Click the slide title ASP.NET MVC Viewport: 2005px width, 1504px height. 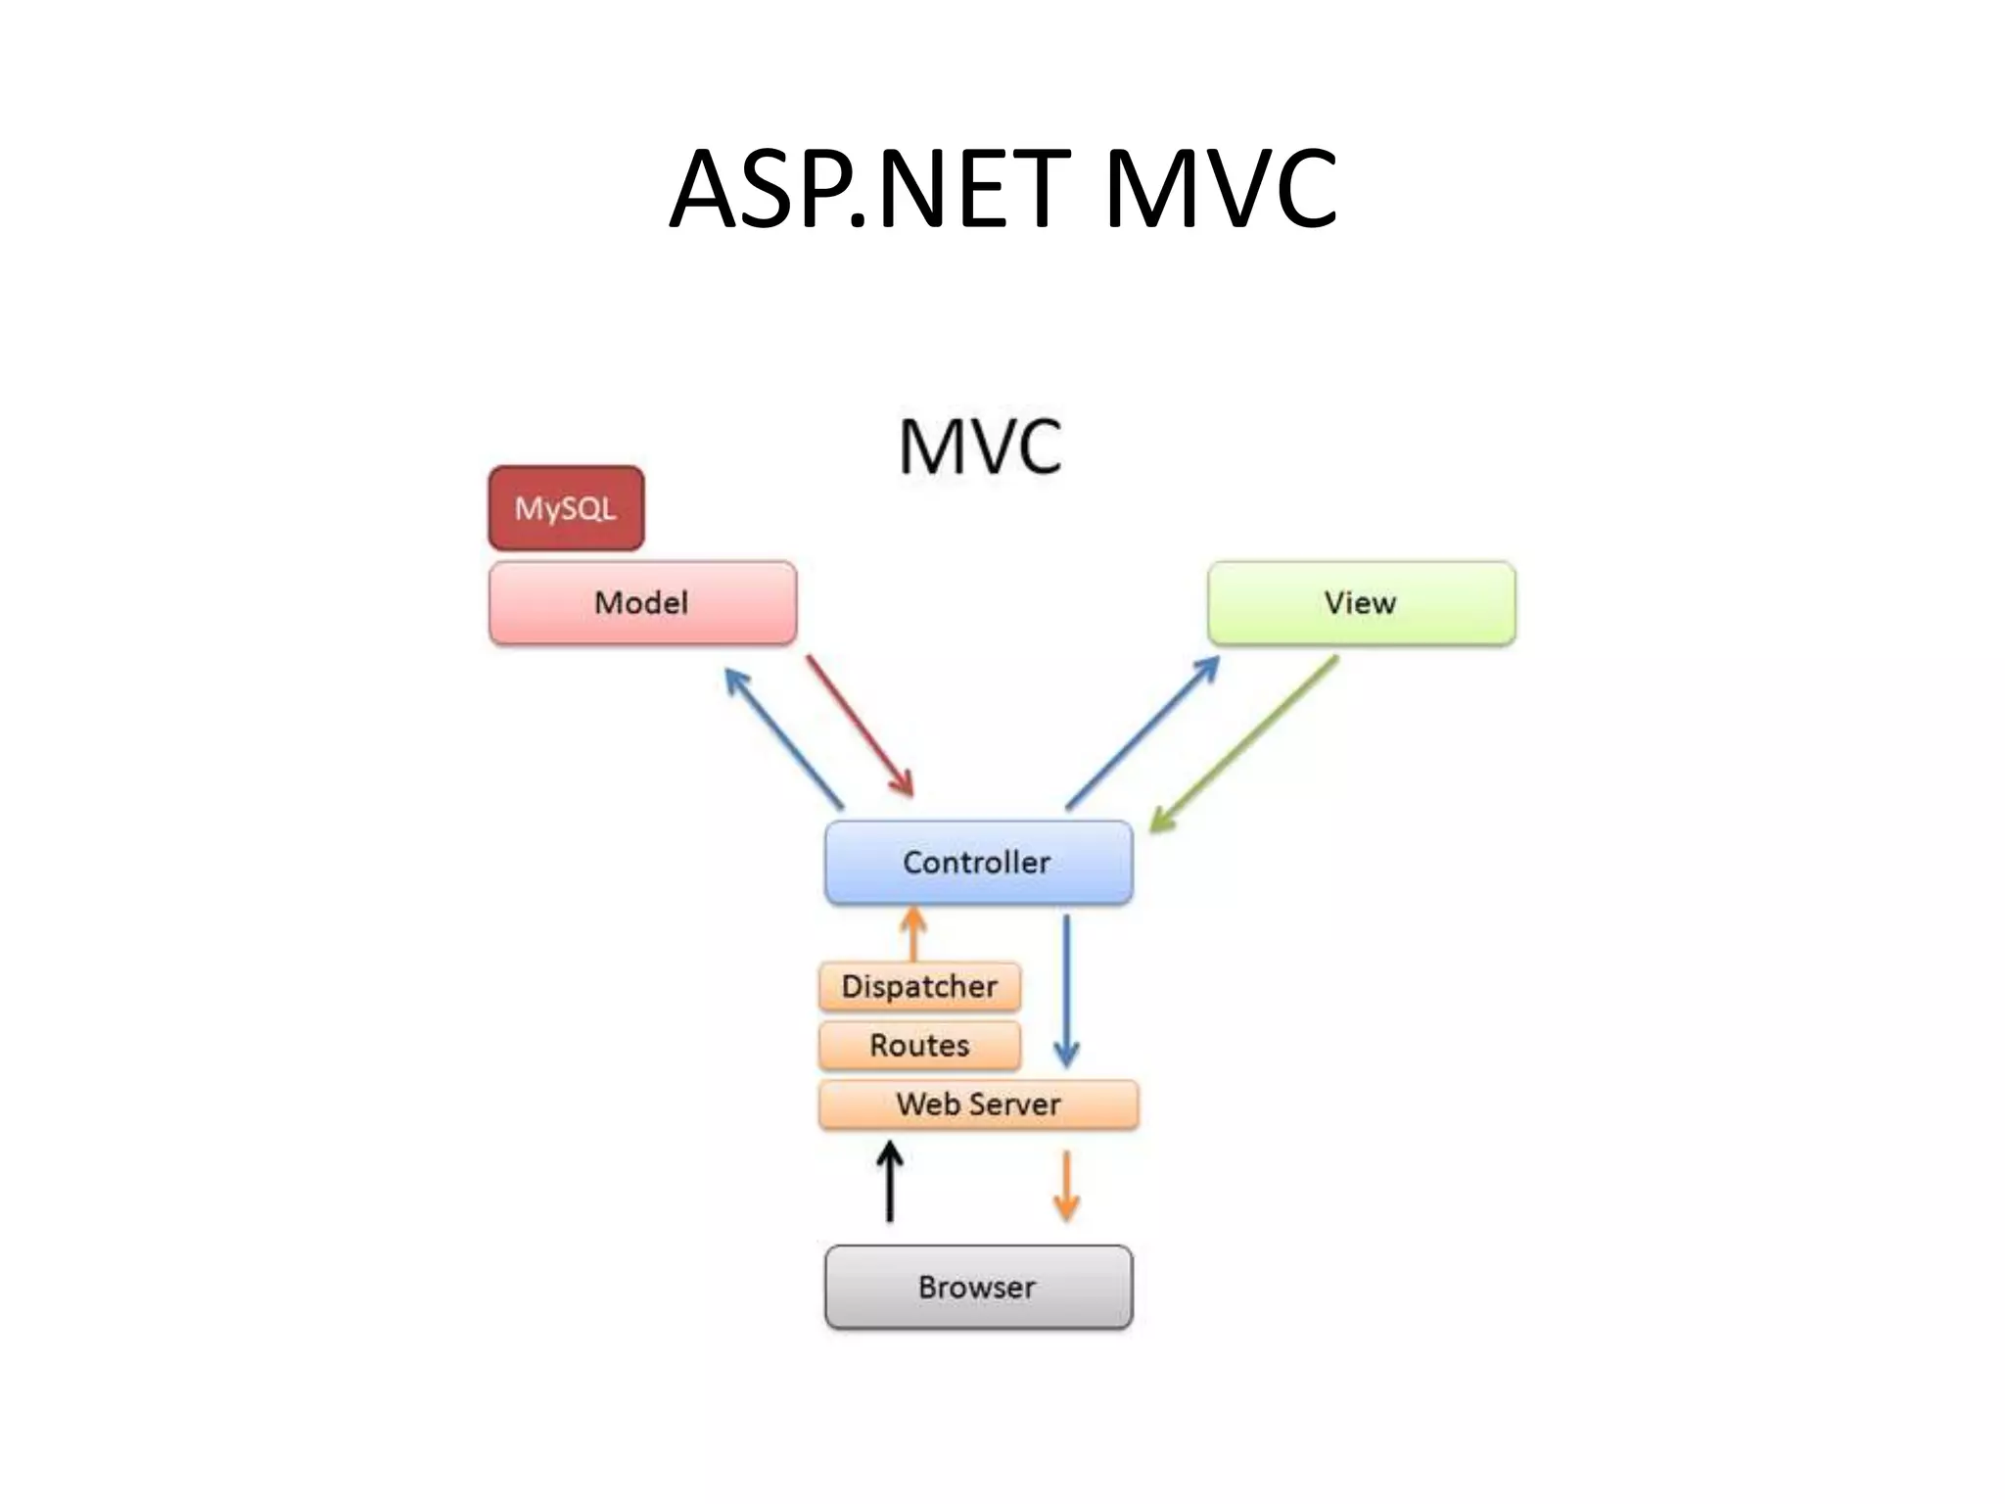[1002, 189]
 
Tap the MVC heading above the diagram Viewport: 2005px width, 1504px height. [980, 447]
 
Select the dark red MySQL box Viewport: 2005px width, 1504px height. [566, 508]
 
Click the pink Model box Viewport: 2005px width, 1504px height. [642, 603]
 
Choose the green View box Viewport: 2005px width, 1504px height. [1361, 603]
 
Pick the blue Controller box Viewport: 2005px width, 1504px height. [978, 863]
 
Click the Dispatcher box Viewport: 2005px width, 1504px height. [919, 986]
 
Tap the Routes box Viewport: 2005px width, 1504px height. [919, 1045]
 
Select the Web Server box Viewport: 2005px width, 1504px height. [978, 1104]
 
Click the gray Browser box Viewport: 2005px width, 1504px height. [978, 1287]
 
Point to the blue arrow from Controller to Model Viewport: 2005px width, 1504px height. [783, 737]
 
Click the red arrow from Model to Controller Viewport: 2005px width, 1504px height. [860, 726]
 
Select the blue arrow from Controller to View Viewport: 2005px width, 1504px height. [1142, 732]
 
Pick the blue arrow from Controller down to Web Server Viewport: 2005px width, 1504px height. [1066, 989]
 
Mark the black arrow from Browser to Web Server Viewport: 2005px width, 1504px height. [889, 1183]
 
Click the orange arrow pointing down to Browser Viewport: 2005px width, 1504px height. [1066, 1185]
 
